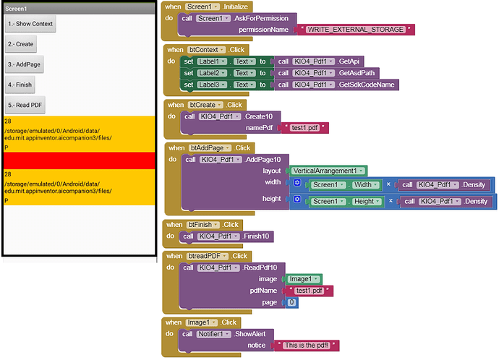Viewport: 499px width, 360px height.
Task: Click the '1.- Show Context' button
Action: pyautogui.click(x=30, y=24)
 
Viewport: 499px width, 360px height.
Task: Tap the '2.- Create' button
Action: pyautogui.click(x=20, y=44)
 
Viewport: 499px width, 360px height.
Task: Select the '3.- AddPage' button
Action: pyautogui.click(x=24, y=64)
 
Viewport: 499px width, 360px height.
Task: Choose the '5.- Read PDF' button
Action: pyautogui.click(x=26, y=105)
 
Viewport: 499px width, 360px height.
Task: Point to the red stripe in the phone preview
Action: pyautogui.click(x=77, y=160)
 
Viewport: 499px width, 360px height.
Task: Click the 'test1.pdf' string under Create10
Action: pyautogui.click(x=304, y=128)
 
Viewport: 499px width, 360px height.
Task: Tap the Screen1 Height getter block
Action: pyautogui.click(x=344, y=200)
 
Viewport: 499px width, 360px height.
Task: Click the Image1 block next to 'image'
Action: pyautogui.click(x=303, y=279)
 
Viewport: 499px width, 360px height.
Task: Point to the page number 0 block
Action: pyautogui.click(x=291, y=302)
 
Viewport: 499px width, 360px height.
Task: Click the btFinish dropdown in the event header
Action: pyautogui.click(x=202, y=225)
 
